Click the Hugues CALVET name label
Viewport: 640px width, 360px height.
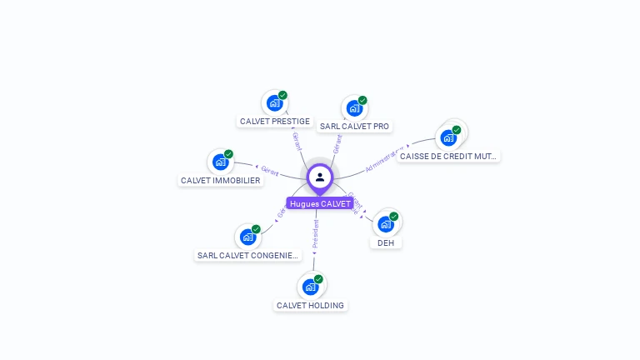click(x=320, y=203)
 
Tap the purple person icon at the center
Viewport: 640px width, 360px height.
click(x=320, y=177)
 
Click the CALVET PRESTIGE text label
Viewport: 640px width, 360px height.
click(x=275, y=122)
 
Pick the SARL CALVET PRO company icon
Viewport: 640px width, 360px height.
click(x=354, y=108)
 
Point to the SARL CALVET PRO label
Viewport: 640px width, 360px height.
click(x=354, y=127)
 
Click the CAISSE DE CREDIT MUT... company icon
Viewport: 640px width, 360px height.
click(x=448, y=137)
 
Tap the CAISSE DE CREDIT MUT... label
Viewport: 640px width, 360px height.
click(x=448, y=156)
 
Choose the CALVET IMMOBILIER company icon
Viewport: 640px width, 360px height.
click(x=220, y=162)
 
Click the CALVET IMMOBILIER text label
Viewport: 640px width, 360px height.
click(x=221, y=181)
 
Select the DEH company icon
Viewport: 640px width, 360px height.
click(x=385, y=224)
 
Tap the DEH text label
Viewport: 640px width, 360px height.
click(x=386, y=242)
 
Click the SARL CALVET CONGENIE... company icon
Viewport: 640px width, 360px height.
click(x=247, y=237)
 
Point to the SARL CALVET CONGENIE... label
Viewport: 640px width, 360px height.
click(x=247, y=255)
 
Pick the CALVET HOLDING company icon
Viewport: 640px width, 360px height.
click(x=310, y=287)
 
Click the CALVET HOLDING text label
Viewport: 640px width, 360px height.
click(x=310, y=305)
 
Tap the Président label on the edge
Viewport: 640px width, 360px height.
click(x=315, y=234)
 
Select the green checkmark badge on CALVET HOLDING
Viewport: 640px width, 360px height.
click(x=318, y=279)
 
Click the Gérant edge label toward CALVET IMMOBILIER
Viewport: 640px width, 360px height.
click(x=269, y=170)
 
